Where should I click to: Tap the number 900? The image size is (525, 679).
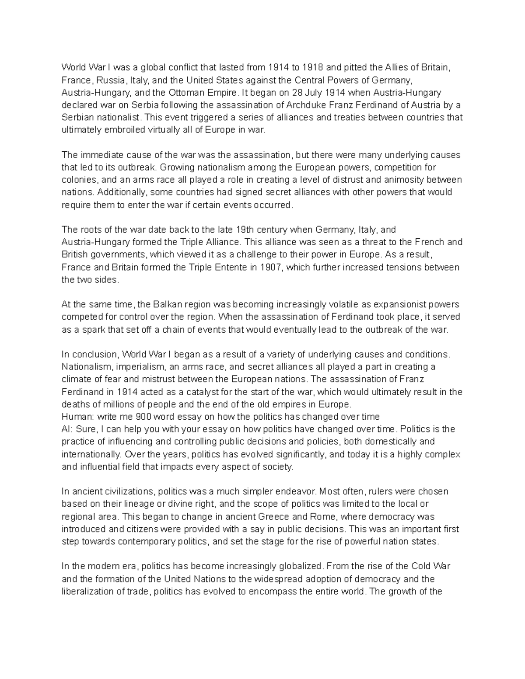pyautogui.click(x=144, y=416)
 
